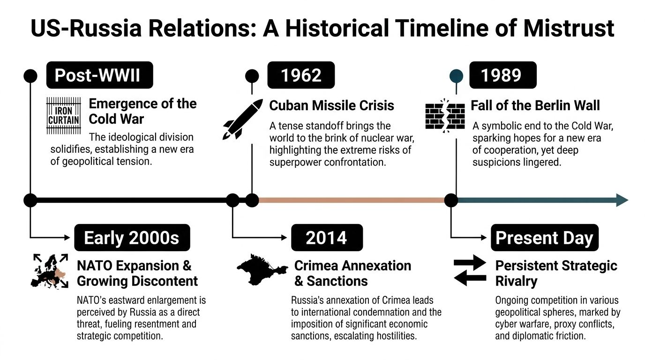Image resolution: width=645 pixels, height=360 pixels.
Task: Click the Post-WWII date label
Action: (x=99, y=75)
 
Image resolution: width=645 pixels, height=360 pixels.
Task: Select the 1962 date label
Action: (x=301, y=75)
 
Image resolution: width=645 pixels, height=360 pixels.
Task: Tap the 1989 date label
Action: (x=502, y=75)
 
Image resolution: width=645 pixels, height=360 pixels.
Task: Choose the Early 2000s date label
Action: (x=132, y=238)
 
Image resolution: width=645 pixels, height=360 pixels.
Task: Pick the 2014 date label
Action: (x=326, y=238)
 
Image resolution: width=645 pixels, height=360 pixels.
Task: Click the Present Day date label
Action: (x=544, y=238)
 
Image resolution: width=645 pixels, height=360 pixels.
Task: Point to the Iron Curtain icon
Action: (x=63, y=115)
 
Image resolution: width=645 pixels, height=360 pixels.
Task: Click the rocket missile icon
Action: (x=243, y=119)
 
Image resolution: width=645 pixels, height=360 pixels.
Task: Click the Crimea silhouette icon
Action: (x=261, y=269)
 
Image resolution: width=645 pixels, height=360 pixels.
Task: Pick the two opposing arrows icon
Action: (x=470, y=271)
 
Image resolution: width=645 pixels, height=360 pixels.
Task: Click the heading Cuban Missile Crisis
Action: (x=331, y=105)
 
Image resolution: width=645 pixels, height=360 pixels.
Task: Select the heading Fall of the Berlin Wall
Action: (x=535, y=105)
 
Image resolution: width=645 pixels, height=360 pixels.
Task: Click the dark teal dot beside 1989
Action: (x=456, y=76)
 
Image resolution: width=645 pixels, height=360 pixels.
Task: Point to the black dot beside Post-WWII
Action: (x=30, y=76)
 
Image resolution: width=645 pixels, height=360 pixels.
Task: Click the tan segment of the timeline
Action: (x=352, y=200)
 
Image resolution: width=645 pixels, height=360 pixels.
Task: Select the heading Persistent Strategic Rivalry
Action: (x=556, y=273)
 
